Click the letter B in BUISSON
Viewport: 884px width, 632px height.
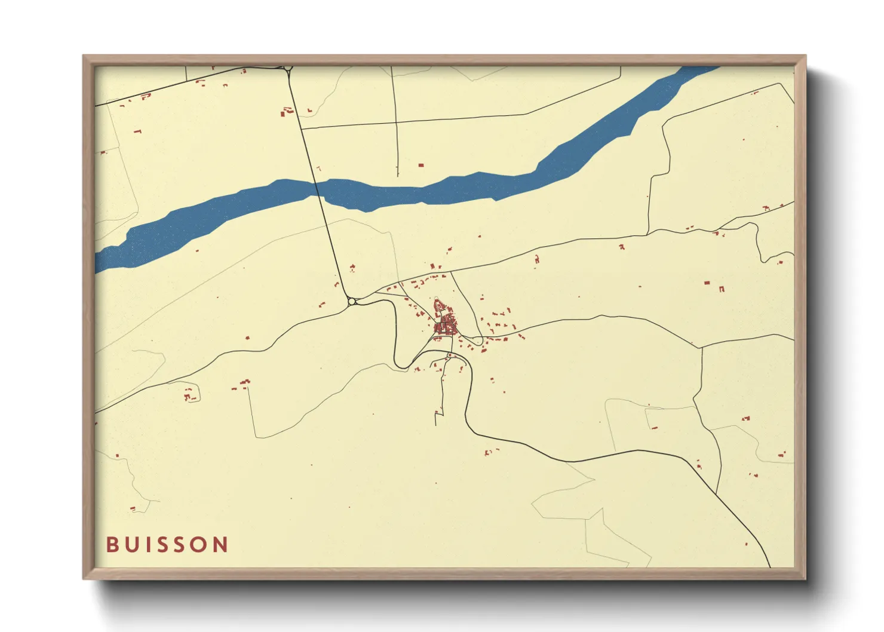coord(111,544)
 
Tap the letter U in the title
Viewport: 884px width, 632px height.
coord(131,544)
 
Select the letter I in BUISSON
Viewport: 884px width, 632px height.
coord(146,544)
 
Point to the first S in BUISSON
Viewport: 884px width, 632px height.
coord(161,544)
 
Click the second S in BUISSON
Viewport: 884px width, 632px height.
coord(180,544)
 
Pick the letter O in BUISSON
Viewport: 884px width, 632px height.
coord(201,544)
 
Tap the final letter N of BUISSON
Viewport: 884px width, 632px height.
coord(222,544)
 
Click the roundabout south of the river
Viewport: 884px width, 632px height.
coord(352,302)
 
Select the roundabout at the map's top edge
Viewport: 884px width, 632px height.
coord(288,69)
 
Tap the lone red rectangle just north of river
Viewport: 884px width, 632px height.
coord(420,165)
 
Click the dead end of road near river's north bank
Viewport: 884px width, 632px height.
coord(398,175)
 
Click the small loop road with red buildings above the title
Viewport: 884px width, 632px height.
coord(191,395)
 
